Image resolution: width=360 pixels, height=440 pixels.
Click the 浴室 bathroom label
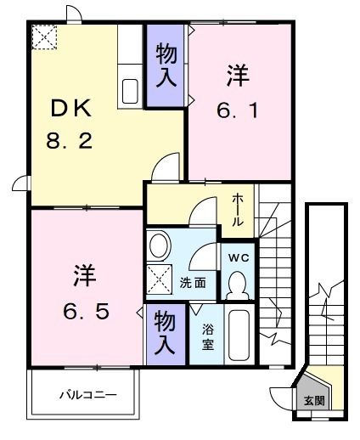point(208,337)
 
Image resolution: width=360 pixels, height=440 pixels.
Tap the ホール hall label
point(240,209)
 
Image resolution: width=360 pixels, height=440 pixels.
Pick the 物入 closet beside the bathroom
point(164,332)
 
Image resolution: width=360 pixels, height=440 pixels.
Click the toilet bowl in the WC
point(238,283)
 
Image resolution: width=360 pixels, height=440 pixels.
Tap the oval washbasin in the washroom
point(158,247)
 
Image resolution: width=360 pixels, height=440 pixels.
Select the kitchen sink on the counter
point(132,90)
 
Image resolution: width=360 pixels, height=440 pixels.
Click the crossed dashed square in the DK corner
point(42,37)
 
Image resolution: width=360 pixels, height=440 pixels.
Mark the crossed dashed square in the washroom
point(159,279)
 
